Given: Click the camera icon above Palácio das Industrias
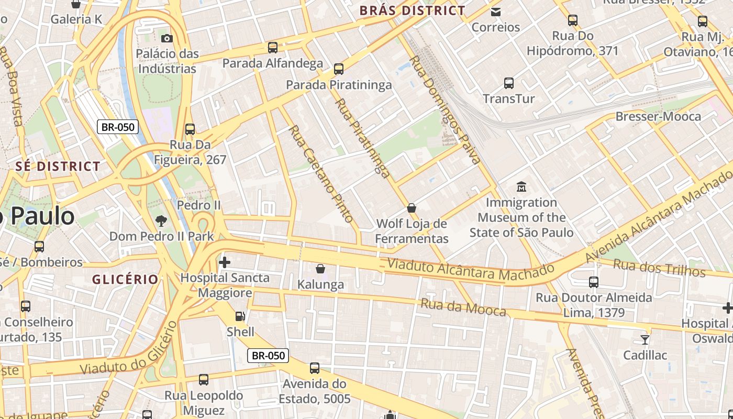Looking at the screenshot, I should click(x=167, y=38).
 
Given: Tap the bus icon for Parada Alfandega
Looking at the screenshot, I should click(x=273, y=48).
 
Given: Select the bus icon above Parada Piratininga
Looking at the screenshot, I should click(x=339, y=69).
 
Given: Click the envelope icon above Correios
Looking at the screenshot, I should click(x=496, y=12).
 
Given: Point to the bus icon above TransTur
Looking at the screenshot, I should click(x=509, y=83).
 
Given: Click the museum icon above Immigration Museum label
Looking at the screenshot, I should click(x=521, y=186).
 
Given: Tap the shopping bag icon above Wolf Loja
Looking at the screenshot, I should click(x=412, y=208).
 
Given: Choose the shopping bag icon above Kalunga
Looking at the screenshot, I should click(x=320, y=269).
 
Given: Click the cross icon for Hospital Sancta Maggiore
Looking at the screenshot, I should click(x=225, y=262).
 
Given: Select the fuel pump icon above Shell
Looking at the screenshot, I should click(x=240, y=316).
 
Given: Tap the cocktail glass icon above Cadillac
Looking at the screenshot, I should click(x=645, y=339).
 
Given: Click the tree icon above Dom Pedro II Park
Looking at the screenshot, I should click(x=161, y=220).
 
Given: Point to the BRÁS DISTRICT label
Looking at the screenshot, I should click(x=412, y=10).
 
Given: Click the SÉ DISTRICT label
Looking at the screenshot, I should click(x=58, y=167).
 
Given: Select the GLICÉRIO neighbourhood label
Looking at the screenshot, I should click(x=125, y=279).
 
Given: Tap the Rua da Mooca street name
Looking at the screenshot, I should click(x=463, y=307).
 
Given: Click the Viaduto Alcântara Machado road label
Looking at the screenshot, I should click(x=470, y=270).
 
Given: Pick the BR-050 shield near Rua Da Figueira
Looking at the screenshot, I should click(x=118, y=126).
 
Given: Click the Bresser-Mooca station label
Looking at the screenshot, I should click(x=658, y=116).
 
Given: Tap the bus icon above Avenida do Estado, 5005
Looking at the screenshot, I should click(x=315, y=368).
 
